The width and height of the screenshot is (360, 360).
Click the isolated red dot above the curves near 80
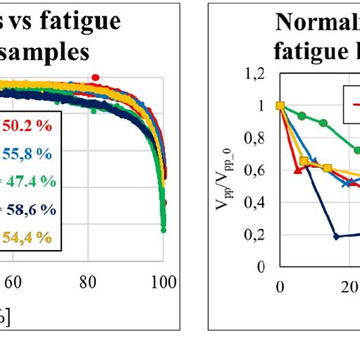pos(96,77)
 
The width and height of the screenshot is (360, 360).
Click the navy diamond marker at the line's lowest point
pos(336,236)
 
